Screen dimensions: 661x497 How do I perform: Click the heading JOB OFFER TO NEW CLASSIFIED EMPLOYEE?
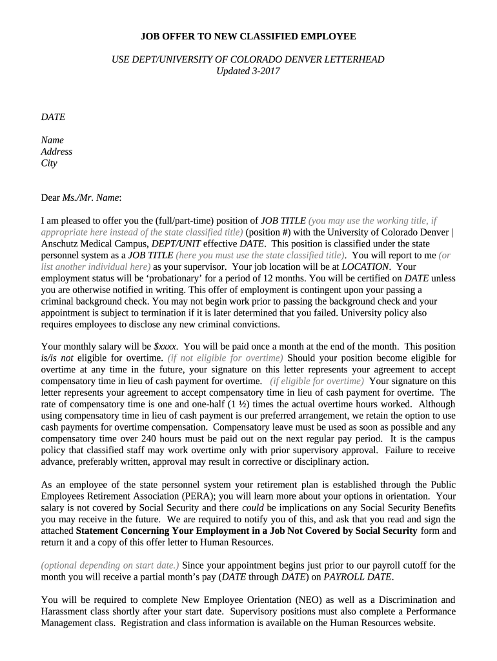coord(249,36)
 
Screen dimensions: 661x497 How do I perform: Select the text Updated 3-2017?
coord(249,71)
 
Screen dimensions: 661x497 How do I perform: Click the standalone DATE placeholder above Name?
coord(53,117)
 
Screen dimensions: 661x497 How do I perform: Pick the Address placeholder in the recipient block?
coord(57,152)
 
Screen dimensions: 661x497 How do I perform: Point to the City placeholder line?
coord(49,163)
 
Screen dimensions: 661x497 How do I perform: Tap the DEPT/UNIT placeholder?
coord(176,243)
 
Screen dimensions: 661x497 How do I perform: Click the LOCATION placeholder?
coord(365,267)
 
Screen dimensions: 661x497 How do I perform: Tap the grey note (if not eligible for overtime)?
coord(225,358)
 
